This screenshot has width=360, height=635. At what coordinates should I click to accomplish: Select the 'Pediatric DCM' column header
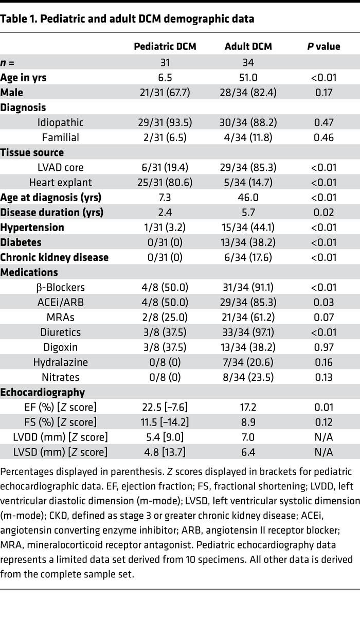click(165, 46)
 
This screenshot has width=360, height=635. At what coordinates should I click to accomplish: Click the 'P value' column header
click(323, 46)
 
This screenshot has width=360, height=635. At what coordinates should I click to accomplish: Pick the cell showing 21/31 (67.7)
click(165, 93)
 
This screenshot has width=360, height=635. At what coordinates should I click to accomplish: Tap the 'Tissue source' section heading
click(32, 152)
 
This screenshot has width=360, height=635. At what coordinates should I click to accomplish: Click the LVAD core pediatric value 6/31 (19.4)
click(165, 167)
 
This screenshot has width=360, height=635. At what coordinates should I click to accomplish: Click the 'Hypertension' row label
click(32, 227)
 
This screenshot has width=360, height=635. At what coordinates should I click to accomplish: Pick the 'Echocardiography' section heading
click(43, 392)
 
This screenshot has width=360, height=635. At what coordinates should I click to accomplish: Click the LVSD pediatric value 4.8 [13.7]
click(165, 452)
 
